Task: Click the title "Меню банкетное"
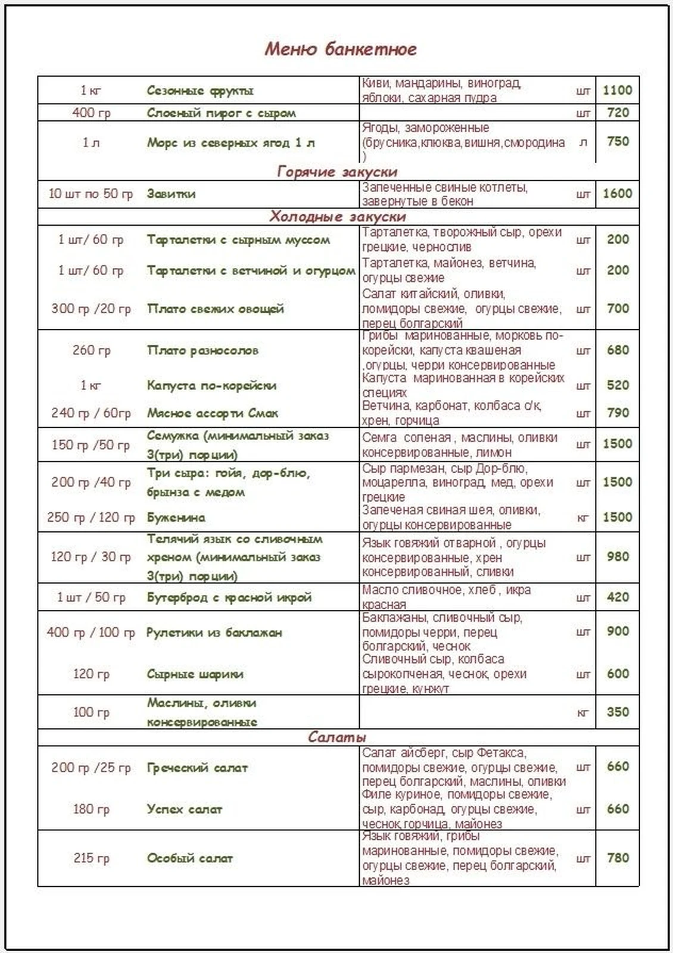[340, 49]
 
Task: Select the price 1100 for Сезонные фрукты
[617, 90]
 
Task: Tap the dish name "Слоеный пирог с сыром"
[221, 113]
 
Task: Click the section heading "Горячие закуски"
[337, 172]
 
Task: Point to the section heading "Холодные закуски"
[337, 216]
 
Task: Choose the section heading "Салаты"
[337, 737]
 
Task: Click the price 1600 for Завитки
[617, 194]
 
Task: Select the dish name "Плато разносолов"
[202, 350]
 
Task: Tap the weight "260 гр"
[91, 350]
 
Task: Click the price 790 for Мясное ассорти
[618, 413]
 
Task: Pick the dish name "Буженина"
[176, 518]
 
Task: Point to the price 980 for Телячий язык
[618, 556]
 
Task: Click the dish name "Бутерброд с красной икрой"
[229, 597]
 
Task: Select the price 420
[618, 597]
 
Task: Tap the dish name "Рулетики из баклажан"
[214, 633]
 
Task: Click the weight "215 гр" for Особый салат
[91, 858]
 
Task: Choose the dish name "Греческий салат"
[197, 768]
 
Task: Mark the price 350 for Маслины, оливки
[618, 712]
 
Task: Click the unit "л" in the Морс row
[583, 142]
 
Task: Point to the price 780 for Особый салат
[618, 858]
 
